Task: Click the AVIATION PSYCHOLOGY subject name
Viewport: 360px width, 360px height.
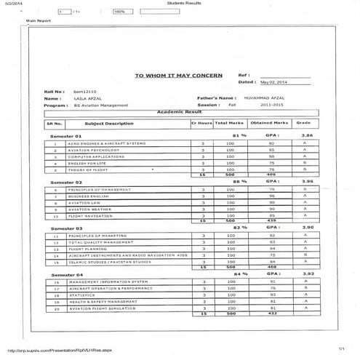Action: click(x=92, y=150)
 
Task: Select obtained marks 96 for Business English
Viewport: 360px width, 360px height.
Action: click(x=271, y=196)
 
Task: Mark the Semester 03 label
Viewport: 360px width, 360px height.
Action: click(x=65, y=228)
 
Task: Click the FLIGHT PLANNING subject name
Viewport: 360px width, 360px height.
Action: click(x=87, y=249)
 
